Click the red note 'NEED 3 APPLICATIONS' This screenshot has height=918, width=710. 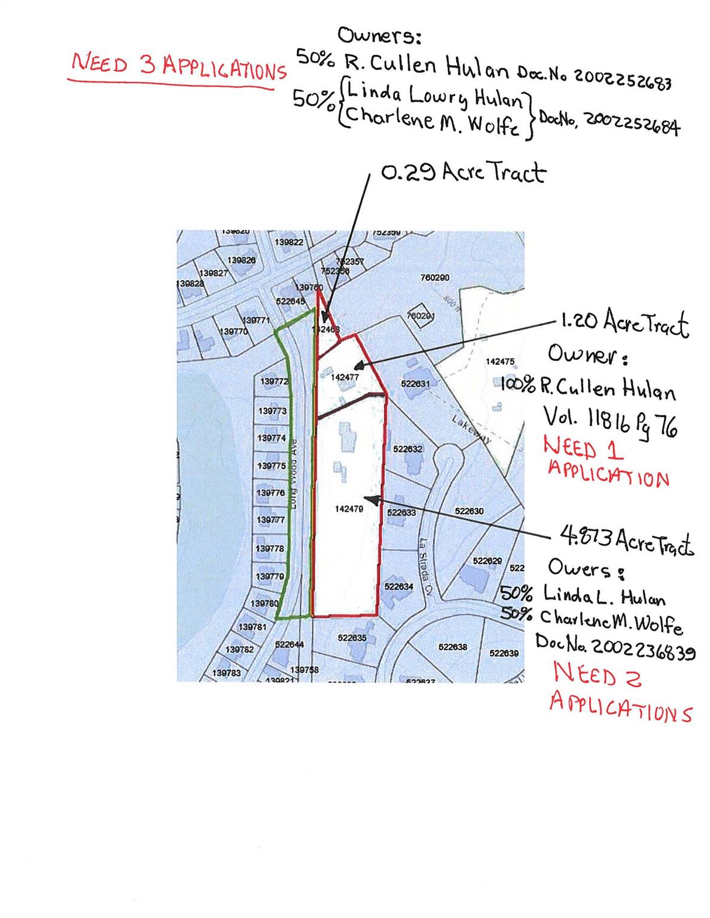[178, 66]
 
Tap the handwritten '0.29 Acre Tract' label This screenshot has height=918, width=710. [463, 173]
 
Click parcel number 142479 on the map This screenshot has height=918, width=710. [348, 508]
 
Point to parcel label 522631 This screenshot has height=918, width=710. [415, 384]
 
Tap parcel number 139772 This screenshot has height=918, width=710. [275, 381]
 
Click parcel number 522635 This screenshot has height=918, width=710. [352, 638]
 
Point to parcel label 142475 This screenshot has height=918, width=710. [500, 362]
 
